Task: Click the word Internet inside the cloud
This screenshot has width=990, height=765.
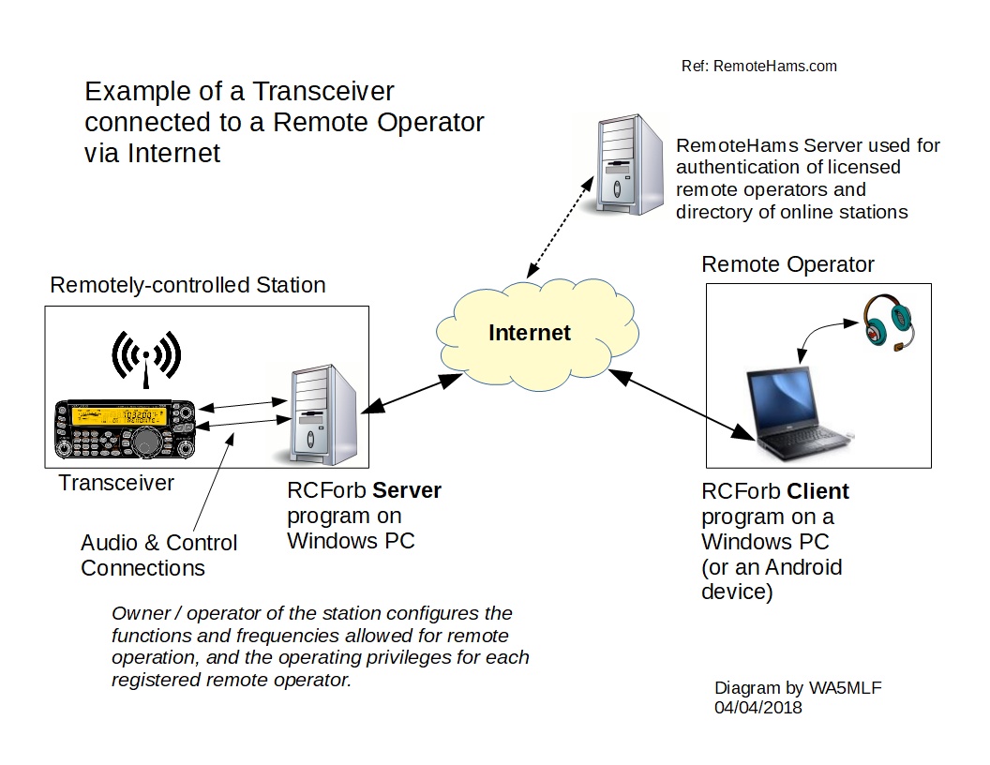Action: pos(530,333)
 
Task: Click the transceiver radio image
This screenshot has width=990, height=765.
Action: pos(125,430)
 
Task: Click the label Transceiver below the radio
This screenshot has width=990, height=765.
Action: pos(116,484)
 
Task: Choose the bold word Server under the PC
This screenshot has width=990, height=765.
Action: pos(406,490)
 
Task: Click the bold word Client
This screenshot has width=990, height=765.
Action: pos(817,491)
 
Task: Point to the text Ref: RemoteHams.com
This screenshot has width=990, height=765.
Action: pos(758,67)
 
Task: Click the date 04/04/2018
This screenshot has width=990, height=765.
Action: pos(758,708)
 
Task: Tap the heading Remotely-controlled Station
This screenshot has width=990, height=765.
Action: pos(187,285)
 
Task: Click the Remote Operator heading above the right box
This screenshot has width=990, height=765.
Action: pos(787,265)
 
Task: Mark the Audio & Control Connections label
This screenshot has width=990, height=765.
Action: pos(158,555)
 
